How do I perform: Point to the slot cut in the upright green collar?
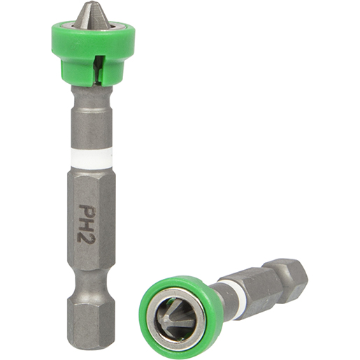click(x=99, y=66)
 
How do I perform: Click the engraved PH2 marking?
click(x=88, y=223)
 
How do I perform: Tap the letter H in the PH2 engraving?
click(x=88, y=223)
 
